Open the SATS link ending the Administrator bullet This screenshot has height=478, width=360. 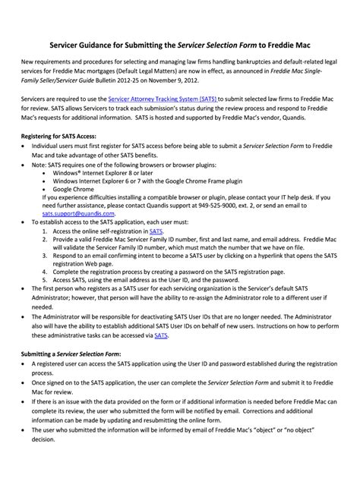160,334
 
